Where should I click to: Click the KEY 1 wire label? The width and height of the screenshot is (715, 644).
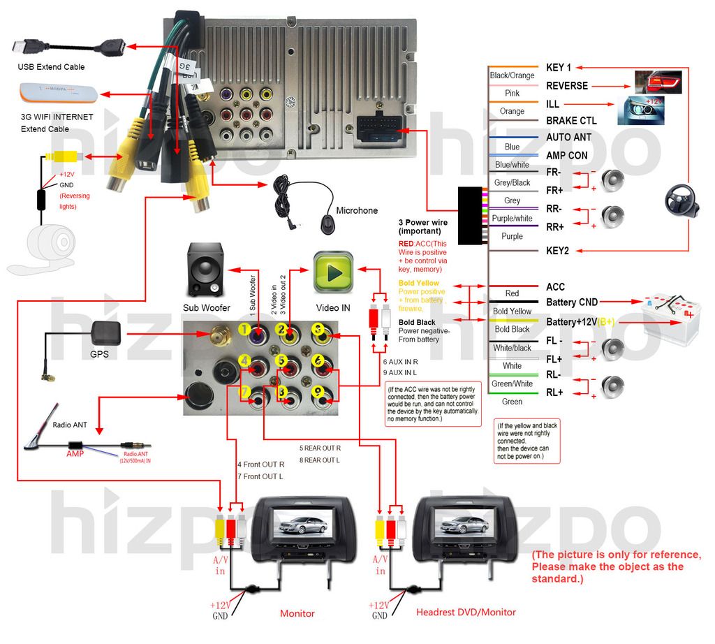tap(559, 68)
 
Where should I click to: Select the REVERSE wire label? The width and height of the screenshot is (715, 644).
tap(567, 86)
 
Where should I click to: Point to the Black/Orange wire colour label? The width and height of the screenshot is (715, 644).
tap(512, 75)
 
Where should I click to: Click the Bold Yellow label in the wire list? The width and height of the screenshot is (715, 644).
tap(512, 312)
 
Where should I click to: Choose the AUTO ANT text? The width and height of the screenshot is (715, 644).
tap(569, 138)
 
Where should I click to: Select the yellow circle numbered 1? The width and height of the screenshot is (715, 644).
tap(244, 329)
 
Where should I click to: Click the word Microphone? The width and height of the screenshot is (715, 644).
tap(357, 210)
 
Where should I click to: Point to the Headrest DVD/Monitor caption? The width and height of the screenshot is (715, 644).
tap(466, 613)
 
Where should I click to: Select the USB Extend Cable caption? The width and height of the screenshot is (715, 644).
tap(51, 67)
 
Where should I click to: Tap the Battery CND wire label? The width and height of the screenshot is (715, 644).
tap(571, 302)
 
